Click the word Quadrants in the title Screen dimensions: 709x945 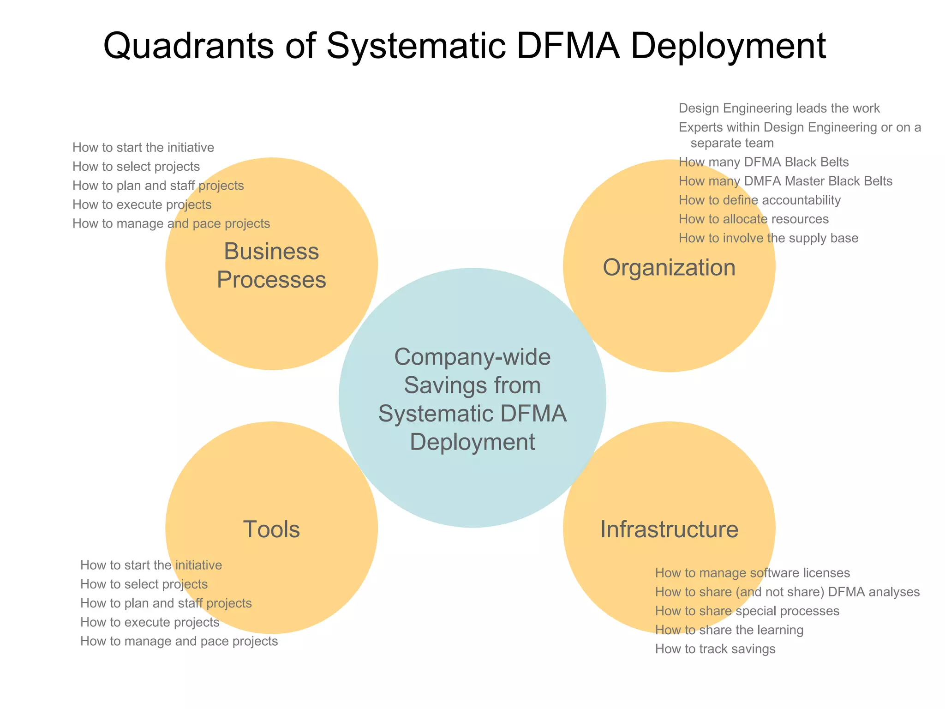pos(188,46)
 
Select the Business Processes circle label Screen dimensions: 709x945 pos(271,265)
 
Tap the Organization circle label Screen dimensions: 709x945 pos(669,268)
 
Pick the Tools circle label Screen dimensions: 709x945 pos(271,529)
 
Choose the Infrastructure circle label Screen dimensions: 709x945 pos(669,529)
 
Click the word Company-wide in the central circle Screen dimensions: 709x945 pos(472,357)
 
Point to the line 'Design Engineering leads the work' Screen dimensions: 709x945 pos(779,108)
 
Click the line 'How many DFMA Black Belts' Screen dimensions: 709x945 pos(764,162)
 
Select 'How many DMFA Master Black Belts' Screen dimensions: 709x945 pos(785,181)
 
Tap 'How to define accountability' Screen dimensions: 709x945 pos(760,200)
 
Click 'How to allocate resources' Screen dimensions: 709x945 pos(754,219)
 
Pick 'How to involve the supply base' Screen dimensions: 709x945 pos(768,238)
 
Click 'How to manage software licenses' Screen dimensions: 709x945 pos(752,573)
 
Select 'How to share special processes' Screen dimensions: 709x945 pos(747,611)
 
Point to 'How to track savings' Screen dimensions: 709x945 pos(715,649)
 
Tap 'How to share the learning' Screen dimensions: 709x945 pos(729,630)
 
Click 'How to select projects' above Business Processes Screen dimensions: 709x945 pos(136,167)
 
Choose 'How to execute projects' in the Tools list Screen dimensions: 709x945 pos(150,622)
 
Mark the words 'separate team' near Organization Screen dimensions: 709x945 pos(732,143)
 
